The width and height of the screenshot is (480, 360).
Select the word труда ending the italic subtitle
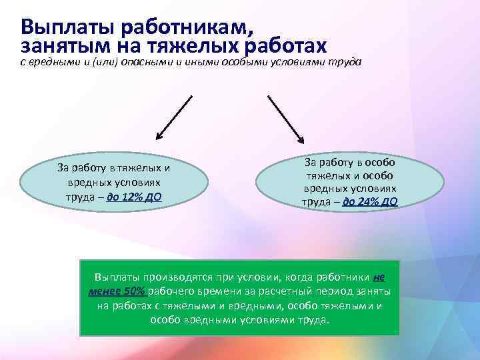[x=345, y=62]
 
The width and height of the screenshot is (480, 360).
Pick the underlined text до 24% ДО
[x=370, y=201]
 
